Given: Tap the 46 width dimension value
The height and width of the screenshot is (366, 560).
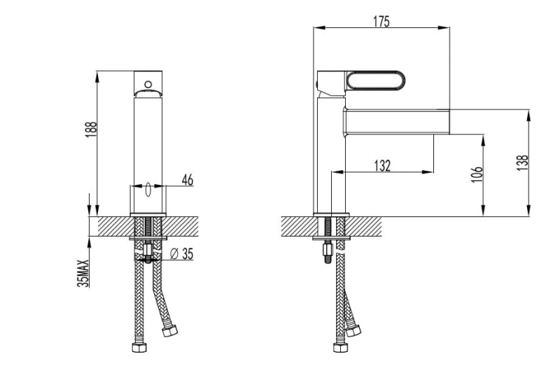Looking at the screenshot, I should pyautogui.click(x=187, y=180).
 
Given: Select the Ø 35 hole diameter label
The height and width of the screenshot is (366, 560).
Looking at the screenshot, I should pyautogui.click(x=182, y=253).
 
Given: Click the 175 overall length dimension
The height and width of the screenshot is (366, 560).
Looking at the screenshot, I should pyautogui.click(x=381, y=22).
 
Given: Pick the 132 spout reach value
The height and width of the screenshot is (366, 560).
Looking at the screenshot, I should pyautogui.click(x=382, y=165).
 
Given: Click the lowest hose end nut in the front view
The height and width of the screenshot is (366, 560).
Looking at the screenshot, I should pyautogui.click(x=136, y=347).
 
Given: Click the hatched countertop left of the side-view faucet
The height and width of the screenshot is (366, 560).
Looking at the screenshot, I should pyautogui.click(x=297, y=226).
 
